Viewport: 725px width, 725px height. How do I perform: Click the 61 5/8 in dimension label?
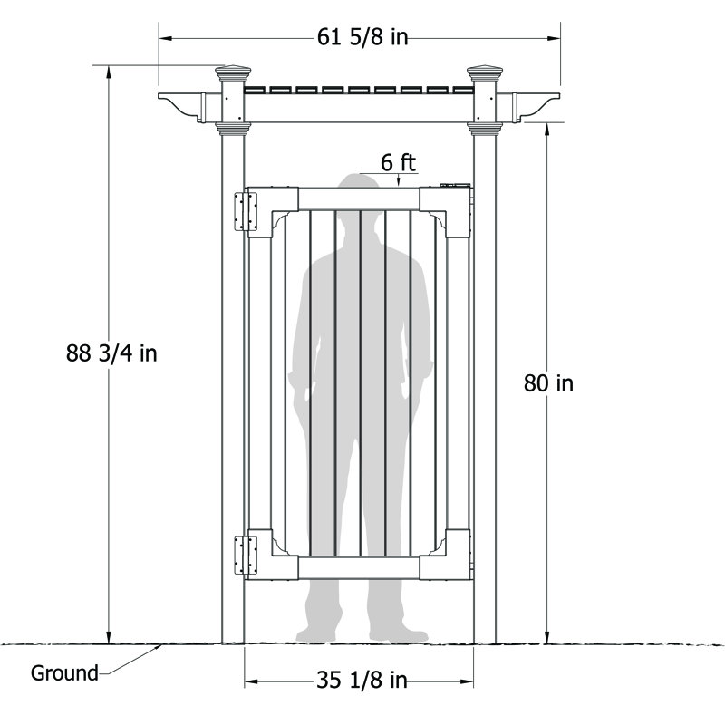tap(361, 37)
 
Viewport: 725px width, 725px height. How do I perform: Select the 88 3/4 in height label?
tap(111, 353)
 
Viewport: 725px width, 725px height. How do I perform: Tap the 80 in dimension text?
tap(548, 383)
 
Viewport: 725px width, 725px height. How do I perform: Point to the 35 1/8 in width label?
tap(361, 681)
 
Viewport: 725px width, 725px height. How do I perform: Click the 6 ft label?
tap(398, 163)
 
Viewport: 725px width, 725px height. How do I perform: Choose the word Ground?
tap(64, 673)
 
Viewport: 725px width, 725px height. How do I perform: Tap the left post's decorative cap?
tap(233, 72)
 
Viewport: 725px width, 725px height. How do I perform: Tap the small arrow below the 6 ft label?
tap(398, 182)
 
